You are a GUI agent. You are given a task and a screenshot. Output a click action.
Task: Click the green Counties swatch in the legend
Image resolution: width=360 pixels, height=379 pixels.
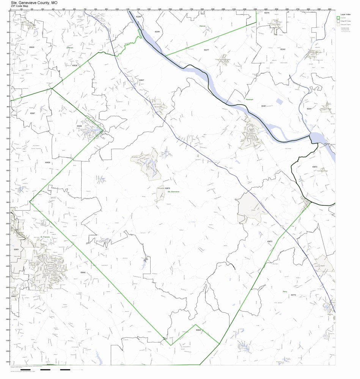pos(338,18)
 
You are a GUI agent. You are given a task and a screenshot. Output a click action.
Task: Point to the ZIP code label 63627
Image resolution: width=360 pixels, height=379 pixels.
pos(141,80)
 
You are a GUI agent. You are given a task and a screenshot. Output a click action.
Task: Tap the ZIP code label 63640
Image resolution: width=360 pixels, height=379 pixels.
pos(83,272)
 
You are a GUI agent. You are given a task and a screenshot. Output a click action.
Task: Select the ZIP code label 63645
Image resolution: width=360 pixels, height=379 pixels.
pos(198,330)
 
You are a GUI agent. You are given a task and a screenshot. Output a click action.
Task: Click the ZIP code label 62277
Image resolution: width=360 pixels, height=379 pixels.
pos(206,50)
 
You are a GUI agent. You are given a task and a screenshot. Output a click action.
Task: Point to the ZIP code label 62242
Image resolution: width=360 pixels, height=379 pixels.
pos(283,49)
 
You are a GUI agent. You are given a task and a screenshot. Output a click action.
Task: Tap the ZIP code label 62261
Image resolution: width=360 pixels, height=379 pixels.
pos(264,106)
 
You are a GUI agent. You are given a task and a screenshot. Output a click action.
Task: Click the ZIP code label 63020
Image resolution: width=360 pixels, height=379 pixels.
pos(31,47)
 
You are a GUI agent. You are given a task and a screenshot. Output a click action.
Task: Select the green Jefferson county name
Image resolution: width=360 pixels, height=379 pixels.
pos(69,48)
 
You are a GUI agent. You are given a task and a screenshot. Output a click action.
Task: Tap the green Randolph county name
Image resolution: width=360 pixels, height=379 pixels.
pos(249,100)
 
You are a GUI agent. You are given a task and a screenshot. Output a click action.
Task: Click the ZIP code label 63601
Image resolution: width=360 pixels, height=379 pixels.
pos(16,249)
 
